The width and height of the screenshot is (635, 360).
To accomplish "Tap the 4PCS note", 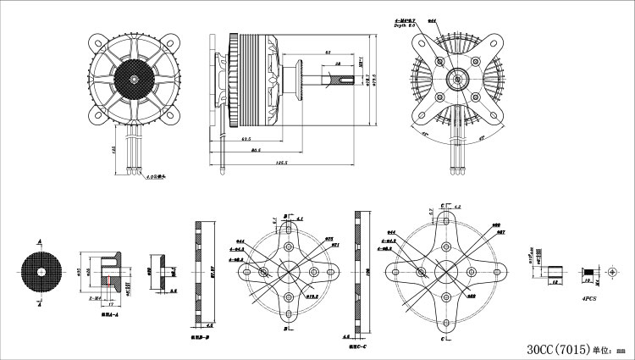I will (587, 298).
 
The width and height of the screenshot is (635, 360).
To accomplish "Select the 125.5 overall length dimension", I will (281, 163).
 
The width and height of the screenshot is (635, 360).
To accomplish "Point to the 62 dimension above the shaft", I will (327, 53).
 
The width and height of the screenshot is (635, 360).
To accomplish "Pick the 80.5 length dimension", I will (255, 150).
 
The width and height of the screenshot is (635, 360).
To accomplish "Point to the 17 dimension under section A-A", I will (110, 303).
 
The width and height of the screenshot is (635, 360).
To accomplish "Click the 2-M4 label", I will (95, 299).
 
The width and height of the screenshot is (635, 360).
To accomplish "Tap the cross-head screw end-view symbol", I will (615, 269).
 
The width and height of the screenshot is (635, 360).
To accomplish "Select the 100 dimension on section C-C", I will (367, 271).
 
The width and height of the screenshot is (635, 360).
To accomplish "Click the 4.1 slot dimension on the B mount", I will (299, 219).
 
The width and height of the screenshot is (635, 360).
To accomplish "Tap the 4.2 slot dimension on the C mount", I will (456, 207).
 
